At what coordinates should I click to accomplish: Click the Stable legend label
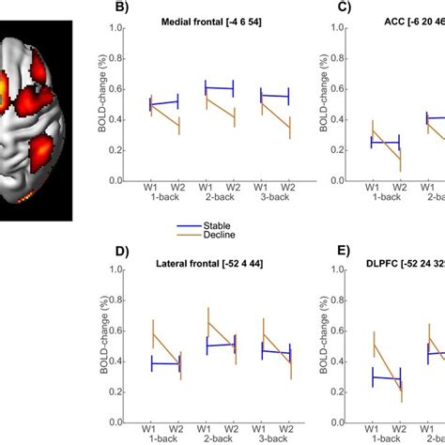click(221, 225)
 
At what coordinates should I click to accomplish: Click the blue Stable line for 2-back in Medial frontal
click(219, 88)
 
